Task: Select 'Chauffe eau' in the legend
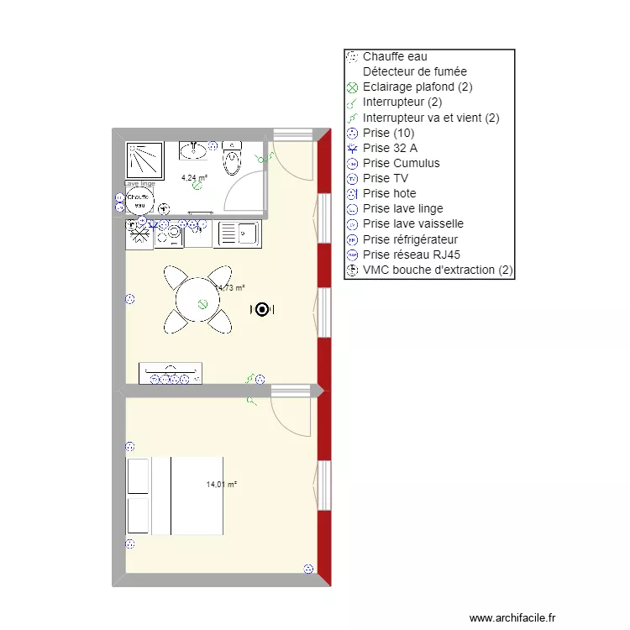coord(395,56)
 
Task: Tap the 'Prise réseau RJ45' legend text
coord(411,255)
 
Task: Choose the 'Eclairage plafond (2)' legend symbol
coord(352,87)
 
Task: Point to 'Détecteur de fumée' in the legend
coord(414,71)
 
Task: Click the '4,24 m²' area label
coord(194,177)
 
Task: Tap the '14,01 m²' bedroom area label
coord(221,485)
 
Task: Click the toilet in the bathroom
coord(232,158)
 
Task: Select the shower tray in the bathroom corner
coord(144,160)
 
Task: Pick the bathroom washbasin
coord(195,150)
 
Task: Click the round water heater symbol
coord(139,201)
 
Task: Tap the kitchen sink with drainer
coord(238,234)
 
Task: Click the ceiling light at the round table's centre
coord(202,304)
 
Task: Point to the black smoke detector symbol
coord(261,310)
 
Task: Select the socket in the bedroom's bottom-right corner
coord(308,570)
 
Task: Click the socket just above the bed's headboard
coord(129,447)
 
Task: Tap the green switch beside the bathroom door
coord(269,155)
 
